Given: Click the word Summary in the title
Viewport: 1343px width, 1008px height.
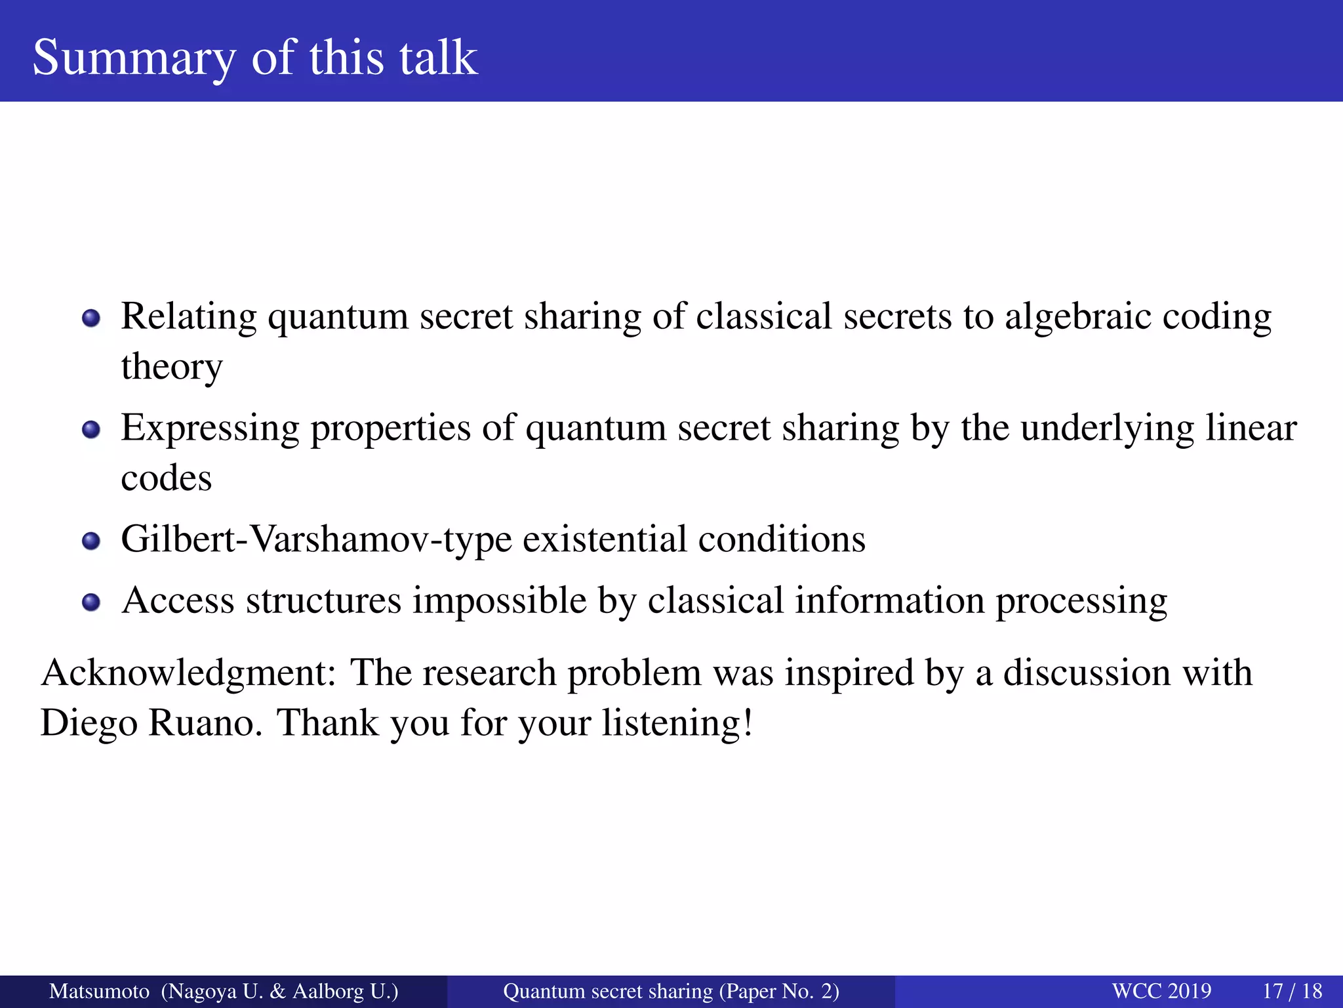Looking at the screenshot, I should point(133,58).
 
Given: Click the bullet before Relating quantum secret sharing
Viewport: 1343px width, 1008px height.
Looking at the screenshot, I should point(91,319).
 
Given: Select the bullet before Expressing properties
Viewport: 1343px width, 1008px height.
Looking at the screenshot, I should point(91,430).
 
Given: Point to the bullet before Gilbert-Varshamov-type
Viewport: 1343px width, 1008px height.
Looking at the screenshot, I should point(91,541).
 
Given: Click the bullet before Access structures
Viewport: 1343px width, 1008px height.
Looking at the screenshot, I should point(91,602).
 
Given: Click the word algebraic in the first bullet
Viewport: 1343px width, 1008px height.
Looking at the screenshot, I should point(1077,317).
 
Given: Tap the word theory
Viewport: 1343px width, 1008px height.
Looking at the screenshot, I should point(172,367).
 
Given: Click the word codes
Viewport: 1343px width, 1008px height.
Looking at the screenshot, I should point(167,478).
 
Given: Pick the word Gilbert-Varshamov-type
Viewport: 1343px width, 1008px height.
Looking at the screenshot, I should point(316,540).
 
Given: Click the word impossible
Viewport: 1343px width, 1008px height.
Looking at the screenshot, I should point(499,600).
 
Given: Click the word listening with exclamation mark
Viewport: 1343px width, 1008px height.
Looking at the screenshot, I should point(677,723).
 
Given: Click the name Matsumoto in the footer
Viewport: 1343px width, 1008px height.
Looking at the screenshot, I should point(99,991).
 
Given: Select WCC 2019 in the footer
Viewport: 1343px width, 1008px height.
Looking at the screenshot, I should point(1161,991).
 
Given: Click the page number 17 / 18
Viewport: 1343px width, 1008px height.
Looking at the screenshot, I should point(1292,991).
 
